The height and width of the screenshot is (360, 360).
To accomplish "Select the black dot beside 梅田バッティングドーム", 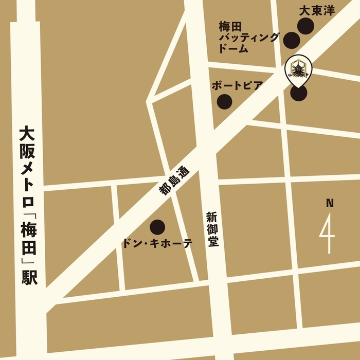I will (x=292, y=39).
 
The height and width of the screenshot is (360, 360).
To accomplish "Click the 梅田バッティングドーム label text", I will (x=248, y=37).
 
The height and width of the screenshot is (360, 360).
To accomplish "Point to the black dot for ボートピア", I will (x=224, y=102).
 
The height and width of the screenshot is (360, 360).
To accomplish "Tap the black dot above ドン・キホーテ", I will (x=157, y=226).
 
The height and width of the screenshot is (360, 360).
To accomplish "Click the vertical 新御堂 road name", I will (x=212, y=229).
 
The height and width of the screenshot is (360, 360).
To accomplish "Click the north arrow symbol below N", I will (x=328, y=235).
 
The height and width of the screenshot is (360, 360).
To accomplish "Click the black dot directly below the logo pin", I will (x=299, y=93).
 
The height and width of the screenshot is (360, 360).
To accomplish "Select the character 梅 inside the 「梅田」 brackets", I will (x=26, y=227).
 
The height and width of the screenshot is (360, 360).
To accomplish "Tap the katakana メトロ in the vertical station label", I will (x=26, y=185).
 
